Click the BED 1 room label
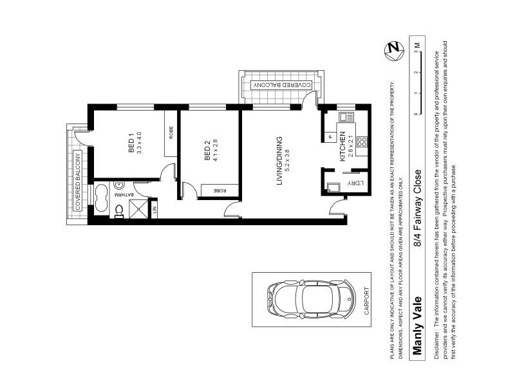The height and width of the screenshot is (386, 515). (131, 143)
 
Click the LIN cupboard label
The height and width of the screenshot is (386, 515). (154, 208)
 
